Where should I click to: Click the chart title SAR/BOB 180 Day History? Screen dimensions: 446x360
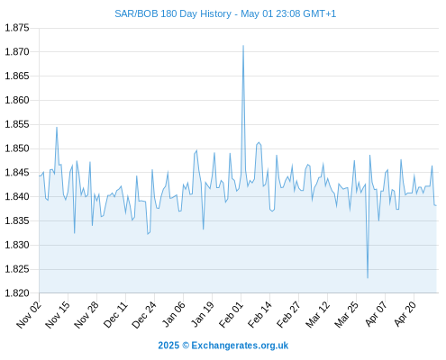coord(173,13)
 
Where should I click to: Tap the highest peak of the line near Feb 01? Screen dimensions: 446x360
coord(243,46)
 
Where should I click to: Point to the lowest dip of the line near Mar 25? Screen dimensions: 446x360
coord(368,278)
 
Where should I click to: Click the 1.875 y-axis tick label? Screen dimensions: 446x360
coord(17,28)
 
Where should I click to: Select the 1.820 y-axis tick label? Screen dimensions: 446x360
coord(17,293)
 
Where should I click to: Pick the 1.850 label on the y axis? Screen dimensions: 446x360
coord(17,148)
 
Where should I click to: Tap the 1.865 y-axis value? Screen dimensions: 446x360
coord(17,76)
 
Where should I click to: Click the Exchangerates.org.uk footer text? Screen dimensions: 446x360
coord(240,346)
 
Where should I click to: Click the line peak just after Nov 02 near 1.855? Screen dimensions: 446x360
coord(57,128)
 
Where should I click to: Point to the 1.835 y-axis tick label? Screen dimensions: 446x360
coord(17,221)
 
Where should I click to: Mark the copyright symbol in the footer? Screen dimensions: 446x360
coord(186,346)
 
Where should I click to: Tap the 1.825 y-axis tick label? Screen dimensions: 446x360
coord(17,269)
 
